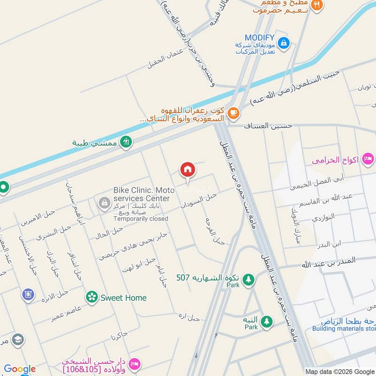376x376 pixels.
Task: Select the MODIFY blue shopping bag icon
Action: coord(283,44)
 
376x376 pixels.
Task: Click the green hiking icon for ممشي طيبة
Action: coord(125,141)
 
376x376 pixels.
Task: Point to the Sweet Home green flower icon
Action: coord(92,297)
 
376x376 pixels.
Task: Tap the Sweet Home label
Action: coord(123,298)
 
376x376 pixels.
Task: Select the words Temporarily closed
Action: coord(141,219)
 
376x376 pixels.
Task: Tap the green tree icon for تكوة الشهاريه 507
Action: coord(248,279)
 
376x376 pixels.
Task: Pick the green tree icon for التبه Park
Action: coord(266,321)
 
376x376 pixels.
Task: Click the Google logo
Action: coord(20,369)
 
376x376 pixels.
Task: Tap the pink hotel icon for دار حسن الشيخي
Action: coord(135,364)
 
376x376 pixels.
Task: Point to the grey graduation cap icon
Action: coord(18,339)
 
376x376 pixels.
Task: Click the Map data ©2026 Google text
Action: coord(340,371)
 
